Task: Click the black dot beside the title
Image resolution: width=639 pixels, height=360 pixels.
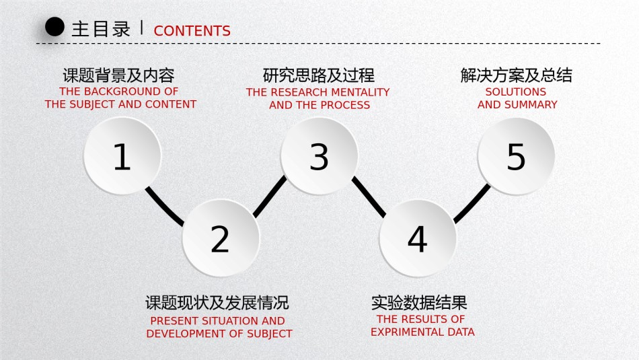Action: click(54, 27)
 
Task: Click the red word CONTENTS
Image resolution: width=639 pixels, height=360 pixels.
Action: click(192, 31)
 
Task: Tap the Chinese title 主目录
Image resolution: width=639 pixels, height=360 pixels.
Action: click(101, 30)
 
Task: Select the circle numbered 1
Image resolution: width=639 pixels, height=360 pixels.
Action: click(122, 155)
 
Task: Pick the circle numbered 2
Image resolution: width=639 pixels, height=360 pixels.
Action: click(221, 238)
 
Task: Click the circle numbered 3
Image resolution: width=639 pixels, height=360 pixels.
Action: click(319, 156)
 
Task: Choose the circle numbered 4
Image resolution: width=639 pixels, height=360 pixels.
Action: click(418, 238)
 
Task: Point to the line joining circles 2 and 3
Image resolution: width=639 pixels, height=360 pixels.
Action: click(269, 196)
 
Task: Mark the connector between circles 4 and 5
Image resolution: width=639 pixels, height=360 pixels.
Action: click(472, 203)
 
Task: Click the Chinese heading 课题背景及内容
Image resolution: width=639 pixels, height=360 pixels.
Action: click(118, 75)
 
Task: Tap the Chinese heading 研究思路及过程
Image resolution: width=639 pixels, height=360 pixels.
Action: click(319, 75)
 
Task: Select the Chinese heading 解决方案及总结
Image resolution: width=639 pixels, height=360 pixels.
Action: click(517, 75)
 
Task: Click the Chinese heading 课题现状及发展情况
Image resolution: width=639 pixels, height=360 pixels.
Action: click(217, 303)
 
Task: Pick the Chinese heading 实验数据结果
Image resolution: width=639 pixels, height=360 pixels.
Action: click(419, 303)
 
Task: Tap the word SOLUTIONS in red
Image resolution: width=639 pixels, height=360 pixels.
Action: click(515, 92)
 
